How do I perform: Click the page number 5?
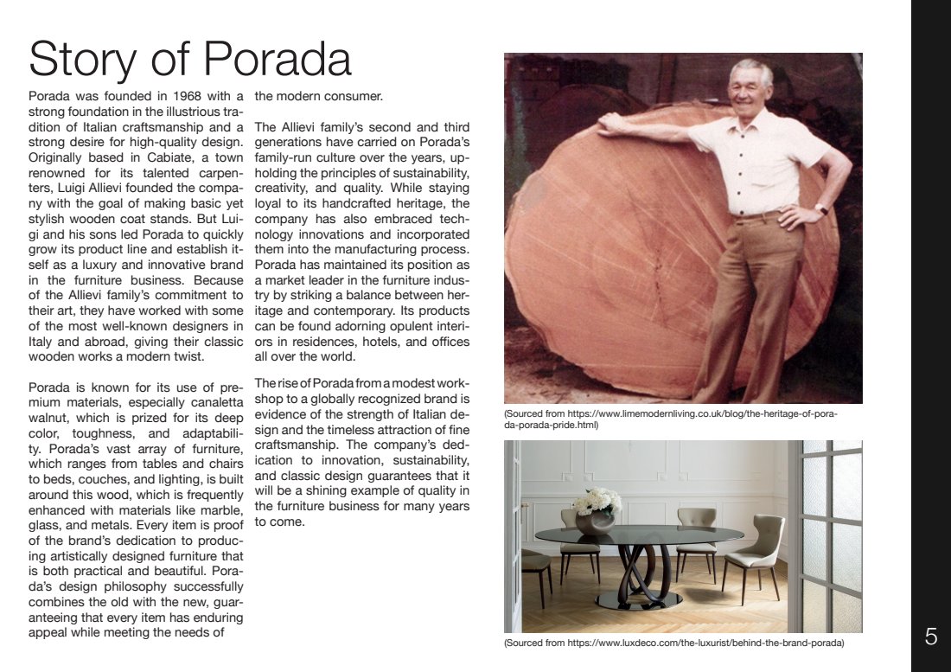[930, 637]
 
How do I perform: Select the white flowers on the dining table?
[597, 502]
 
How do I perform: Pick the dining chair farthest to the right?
[755, 554]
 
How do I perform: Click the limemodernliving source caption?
[670, 419]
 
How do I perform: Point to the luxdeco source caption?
[673, 643]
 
